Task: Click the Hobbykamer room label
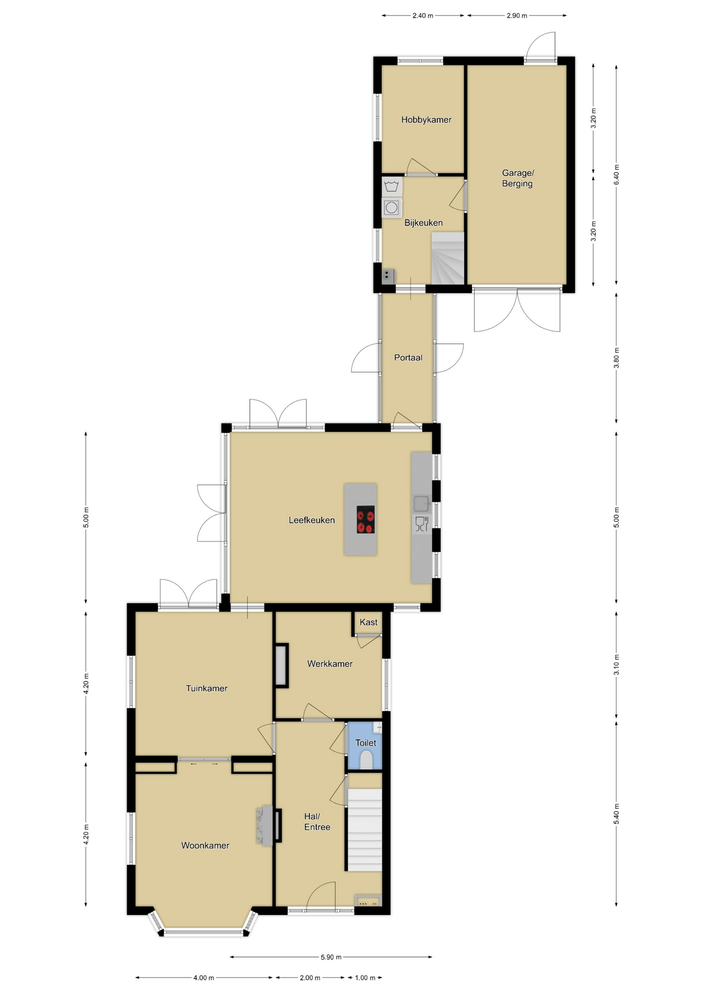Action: (x=426, y=120)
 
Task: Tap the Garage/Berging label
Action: (x=517, y=178)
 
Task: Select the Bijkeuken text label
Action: (x=423, y=223)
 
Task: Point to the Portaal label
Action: (x=408, y=357)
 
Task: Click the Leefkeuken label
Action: (x=312, y=520)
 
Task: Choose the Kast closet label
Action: (x=369, y=622)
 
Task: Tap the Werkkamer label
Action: (x=330, y=664)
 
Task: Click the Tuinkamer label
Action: (x=207, y=688)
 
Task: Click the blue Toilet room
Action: (x=365, y=745)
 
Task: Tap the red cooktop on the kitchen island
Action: (x=365, y=519)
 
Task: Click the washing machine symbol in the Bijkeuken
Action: (x=392, y=207)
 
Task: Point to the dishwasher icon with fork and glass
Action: (x=422, y=524)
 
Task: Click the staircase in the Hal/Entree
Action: (x=364, y=830)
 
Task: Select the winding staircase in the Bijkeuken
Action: (x=448, y=258)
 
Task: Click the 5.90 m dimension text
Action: (x=331, y=957)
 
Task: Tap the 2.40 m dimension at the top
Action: (x=423, y=16)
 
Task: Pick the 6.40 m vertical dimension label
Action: (x=616, y=175)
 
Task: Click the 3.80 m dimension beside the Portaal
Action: (x=616, y=358)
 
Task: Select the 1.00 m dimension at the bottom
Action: (x=365, y=977)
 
